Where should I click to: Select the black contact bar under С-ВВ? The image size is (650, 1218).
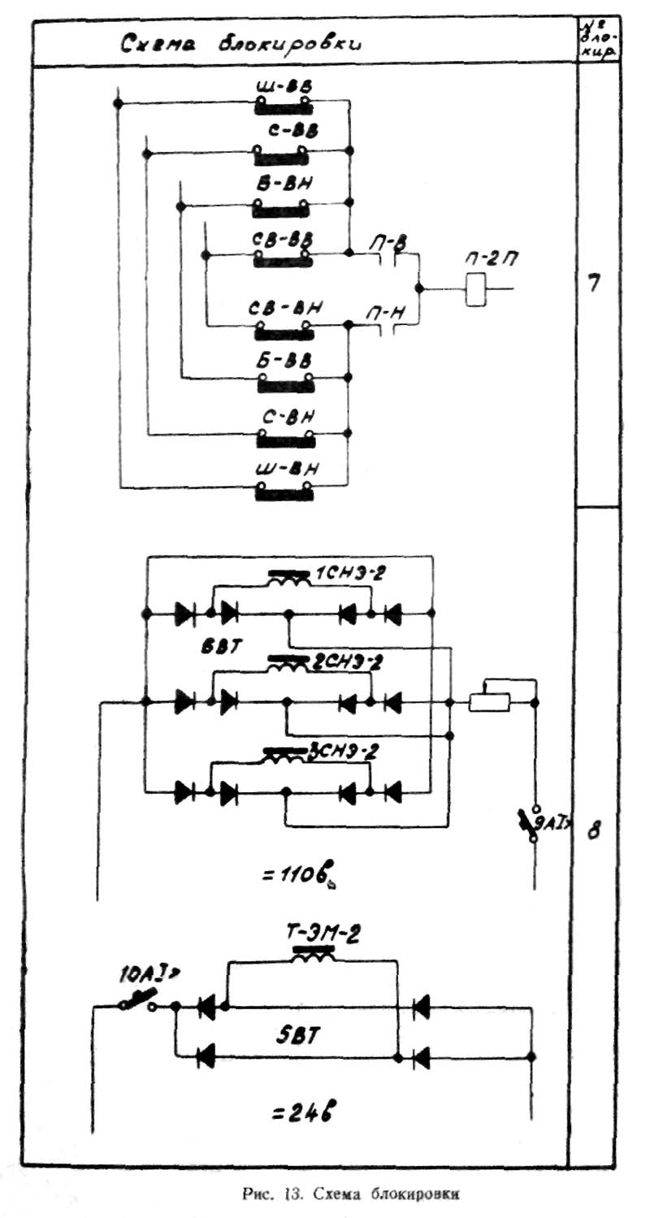point(281,154)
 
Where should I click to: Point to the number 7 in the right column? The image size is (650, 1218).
point(594,284)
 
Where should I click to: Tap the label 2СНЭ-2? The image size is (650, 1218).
point(347,663)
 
